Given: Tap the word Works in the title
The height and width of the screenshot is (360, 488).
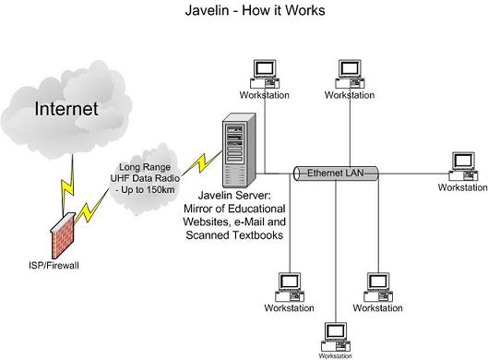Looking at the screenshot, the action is click(x=305, y=10).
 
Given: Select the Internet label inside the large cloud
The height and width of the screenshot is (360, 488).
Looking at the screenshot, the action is click(x=66, y=109).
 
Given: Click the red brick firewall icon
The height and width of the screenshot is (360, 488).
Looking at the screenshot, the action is click(x=63, y=235).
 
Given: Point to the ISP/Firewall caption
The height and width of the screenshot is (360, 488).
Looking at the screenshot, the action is click(x=54, y=266).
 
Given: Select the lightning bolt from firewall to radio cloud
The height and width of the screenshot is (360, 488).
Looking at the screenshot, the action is click(x=92, y=206).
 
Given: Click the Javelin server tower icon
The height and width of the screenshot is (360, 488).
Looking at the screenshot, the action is click(x=239, y=150).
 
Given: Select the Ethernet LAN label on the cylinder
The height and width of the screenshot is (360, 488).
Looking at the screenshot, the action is click(x=336, y=173).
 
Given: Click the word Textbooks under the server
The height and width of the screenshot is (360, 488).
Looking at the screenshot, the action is click(x=258, y=234).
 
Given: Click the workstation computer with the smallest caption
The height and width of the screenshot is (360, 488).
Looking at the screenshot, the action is click(x=336, y=337).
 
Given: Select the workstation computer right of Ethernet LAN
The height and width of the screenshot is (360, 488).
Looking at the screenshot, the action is click(x=463, y=166).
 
